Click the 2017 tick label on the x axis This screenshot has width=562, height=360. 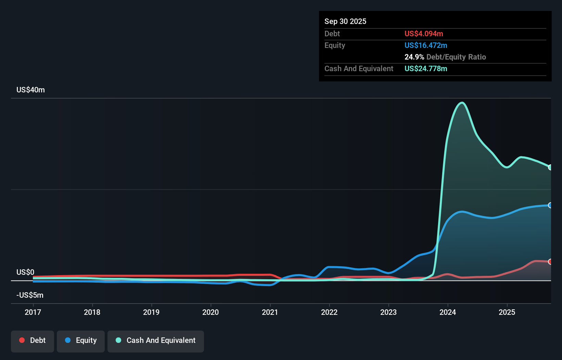coord(33,312)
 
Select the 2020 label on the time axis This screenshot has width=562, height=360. coord(210,312)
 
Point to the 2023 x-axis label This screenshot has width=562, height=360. coord(388,312)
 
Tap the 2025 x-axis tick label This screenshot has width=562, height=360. coord(507,312)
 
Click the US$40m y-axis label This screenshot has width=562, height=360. coord(30,90)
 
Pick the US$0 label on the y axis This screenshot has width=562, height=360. coord(25,272)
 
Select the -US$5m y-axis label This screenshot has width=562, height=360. coord(30,295)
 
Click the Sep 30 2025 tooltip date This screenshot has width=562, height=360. coord(345,21)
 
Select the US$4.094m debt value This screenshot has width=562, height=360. coord(424,34)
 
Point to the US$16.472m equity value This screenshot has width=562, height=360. coord(426,45)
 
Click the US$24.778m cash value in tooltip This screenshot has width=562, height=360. coord(426,68)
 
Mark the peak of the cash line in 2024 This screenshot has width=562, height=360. coord(462,102)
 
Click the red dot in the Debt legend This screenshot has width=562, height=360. coord(22,340)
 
